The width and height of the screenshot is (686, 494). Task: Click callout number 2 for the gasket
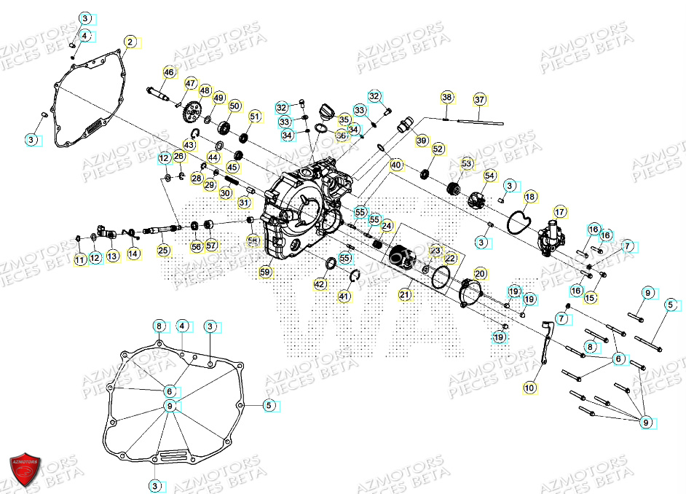[x=130, y=42]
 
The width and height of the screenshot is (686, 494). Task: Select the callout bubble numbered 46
[x=169, y=72]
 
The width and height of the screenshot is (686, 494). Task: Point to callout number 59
[x=265, y=273]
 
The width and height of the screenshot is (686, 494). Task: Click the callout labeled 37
[x=479, y=99]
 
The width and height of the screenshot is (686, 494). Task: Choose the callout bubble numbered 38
[x=447, y=97]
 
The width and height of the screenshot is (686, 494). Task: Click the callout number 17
[x=560, y=212]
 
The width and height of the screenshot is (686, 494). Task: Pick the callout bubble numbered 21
[x=404, y=295]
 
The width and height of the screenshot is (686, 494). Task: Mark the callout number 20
[x=480, y=273]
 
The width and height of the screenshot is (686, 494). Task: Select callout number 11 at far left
[x=80, y=259]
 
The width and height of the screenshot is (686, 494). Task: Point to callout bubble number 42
[x=320, y=283]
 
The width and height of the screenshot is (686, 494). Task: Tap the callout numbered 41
[x=344, y=296]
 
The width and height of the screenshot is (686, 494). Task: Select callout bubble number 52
[x=438, y=149]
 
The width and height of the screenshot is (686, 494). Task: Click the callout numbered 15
[x=591, y=297]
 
